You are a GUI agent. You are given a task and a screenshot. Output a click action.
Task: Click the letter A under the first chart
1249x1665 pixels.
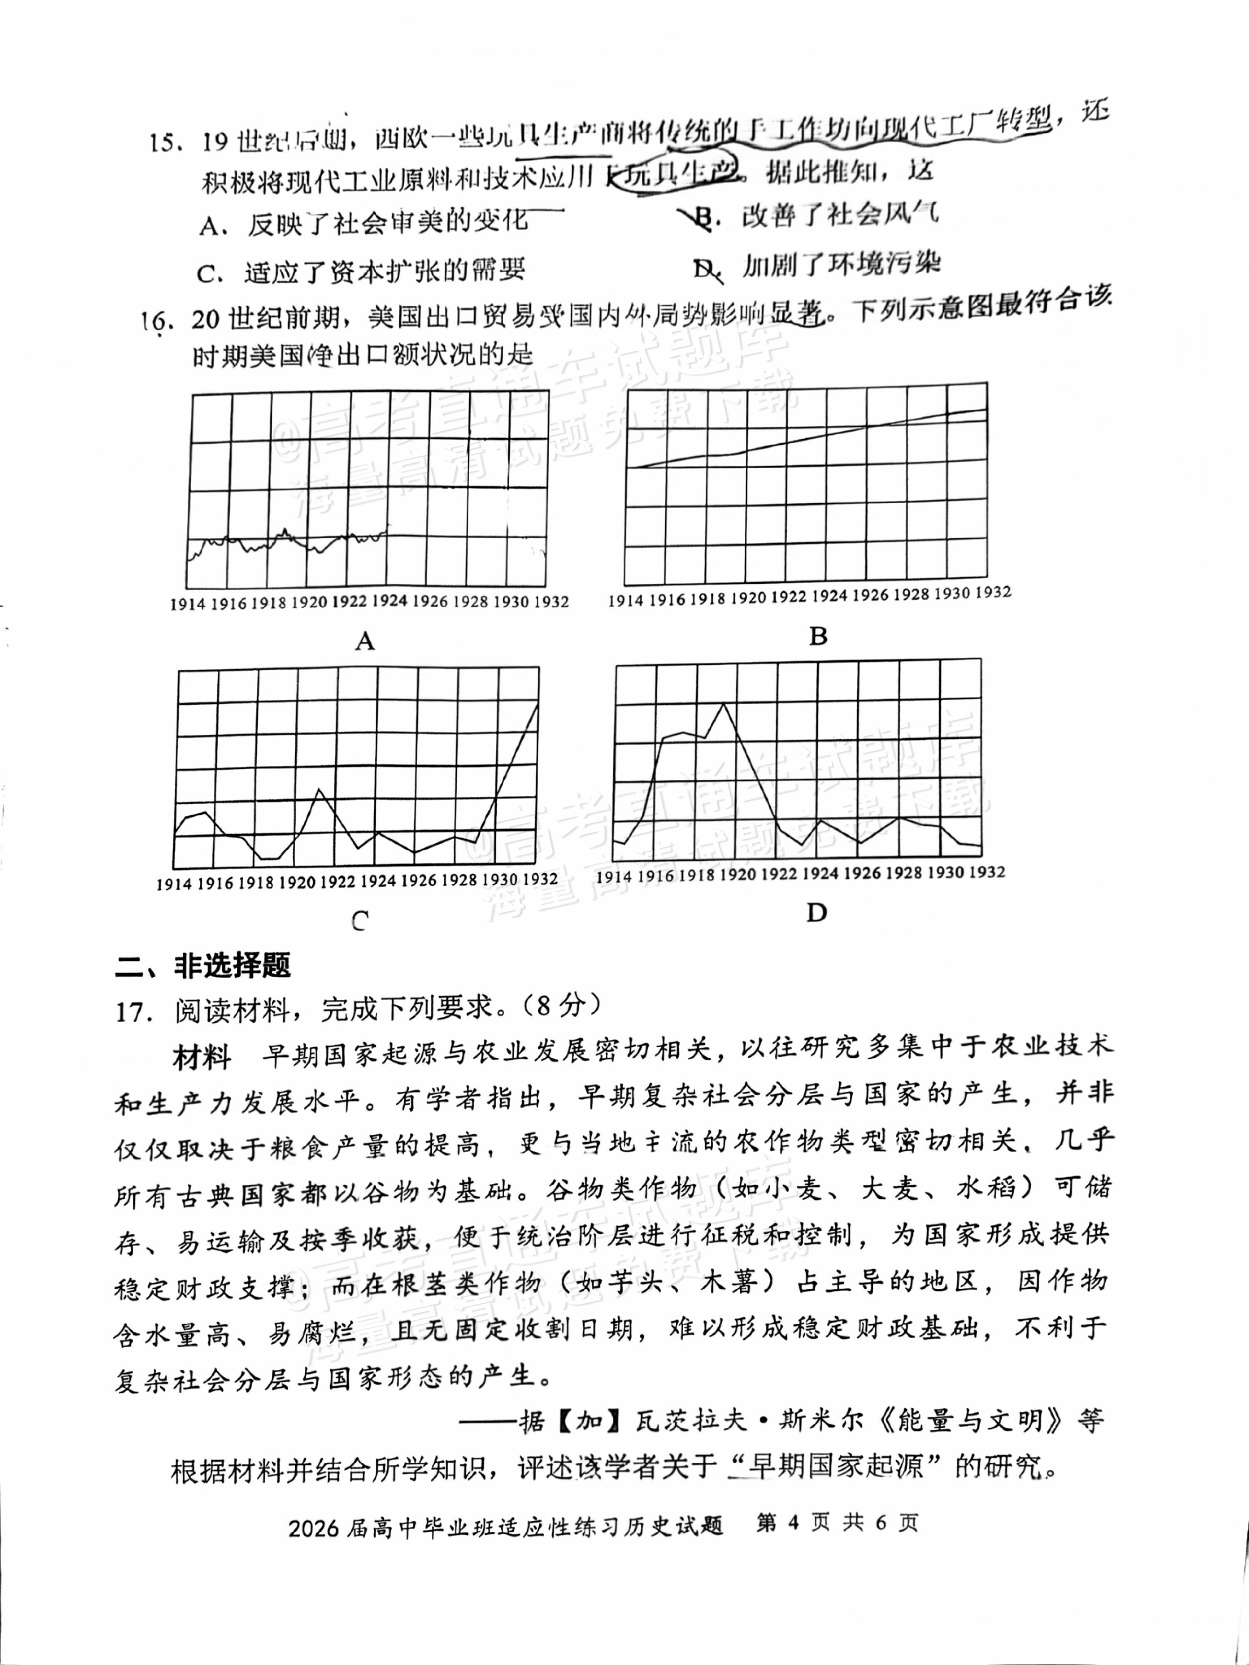365,641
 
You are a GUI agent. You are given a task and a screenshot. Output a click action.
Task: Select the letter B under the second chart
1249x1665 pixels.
818,637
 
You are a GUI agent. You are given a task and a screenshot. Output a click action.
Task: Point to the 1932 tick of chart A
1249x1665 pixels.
551,602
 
